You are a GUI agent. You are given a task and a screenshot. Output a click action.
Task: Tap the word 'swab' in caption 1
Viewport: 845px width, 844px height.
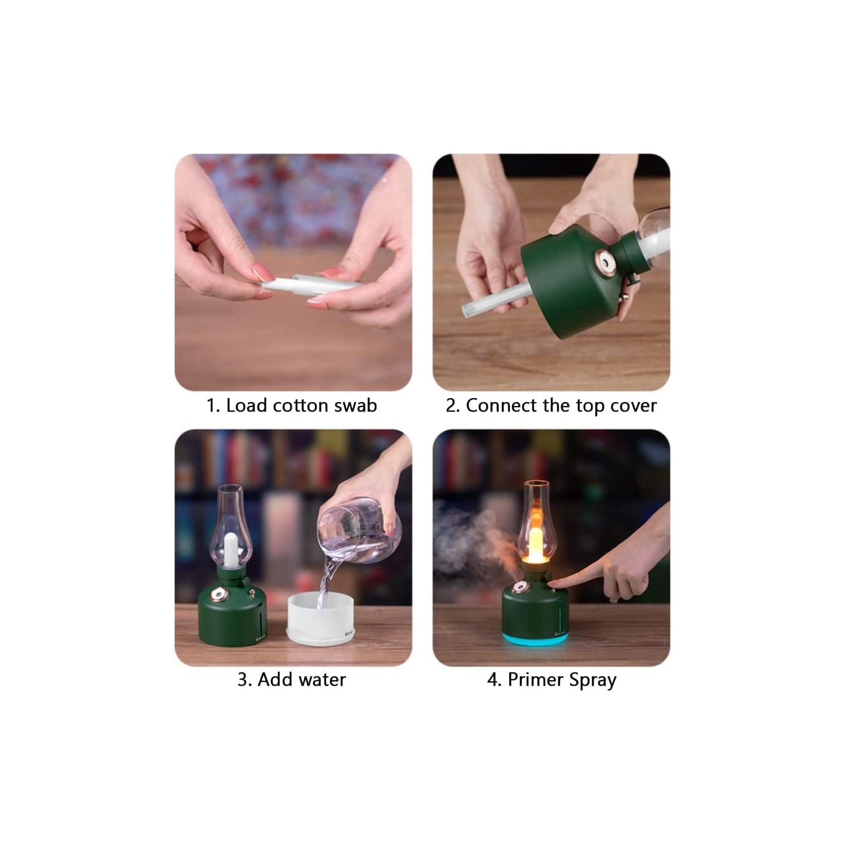coord(355,405)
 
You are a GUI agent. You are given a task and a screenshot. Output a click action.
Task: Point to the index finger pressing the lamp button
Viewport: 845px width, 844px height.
coord(569,582)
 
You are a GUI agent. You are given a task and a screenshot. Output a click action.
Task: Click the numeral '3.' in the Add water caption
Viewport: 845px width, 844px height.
coord(244,680)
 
